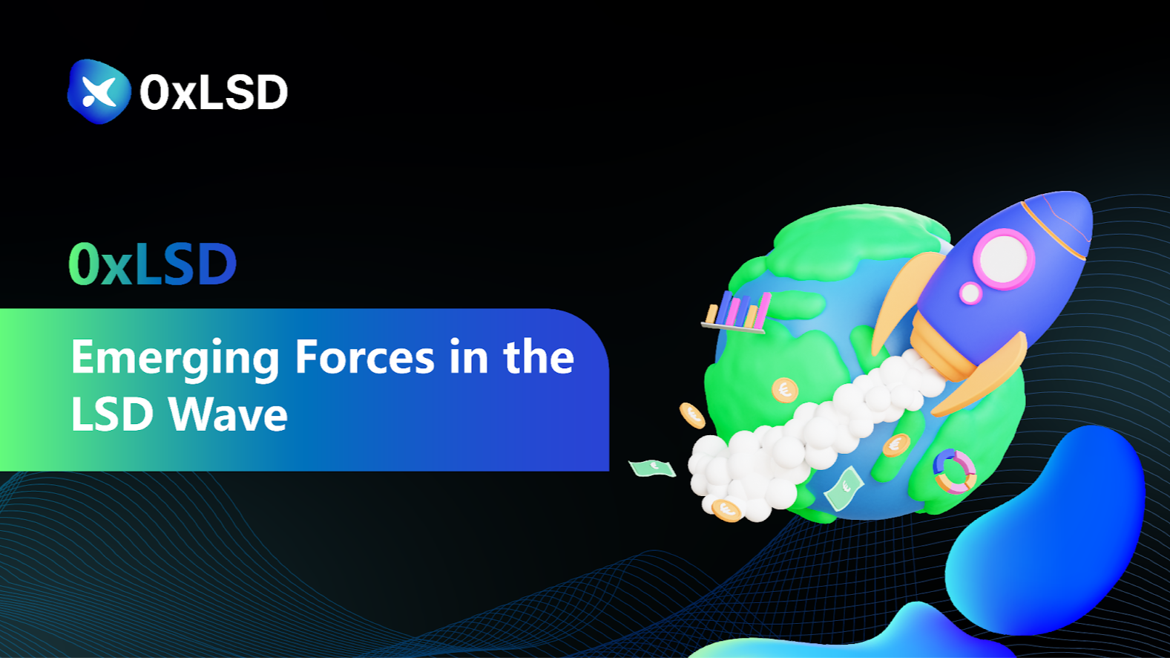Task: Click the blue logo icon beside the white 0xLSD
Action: point(99,91)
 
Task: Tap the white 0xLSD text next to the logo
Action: point(214,92)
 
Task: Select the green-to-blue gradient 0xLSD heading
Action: point(153,264)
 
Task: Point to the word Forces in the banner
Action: point(364,356)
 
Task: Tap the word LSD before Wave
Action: point(111,414)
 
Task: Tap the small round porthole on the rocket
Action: point(971,293)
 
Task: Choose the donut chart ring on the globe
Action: point(954,472)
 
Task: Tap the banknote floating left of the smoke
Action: point(652,468)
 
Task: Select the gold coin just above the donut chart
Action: point(896,446)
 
